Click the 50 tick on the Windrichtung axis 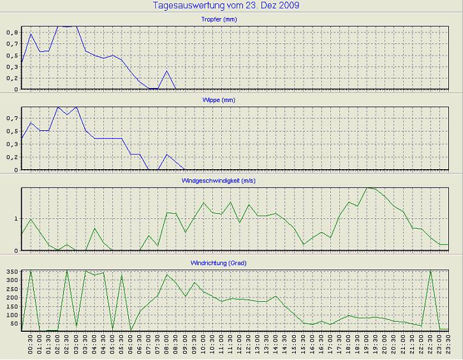pyautogui.click(x=14, y=324)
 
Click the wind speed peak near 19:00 pyautogui.click(x=367, y=188)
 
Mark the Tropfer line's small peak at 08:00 pyautogui.click(x=167, y=71)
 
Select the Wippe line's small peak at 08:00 pyautogui.click(x=167, y=154)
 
